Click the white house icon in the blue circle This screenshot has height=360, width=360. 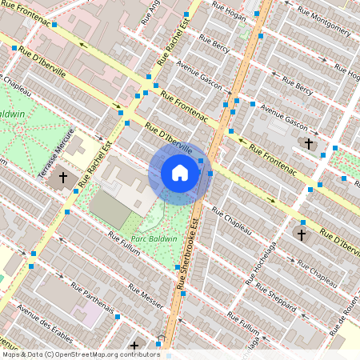tap(180, 173)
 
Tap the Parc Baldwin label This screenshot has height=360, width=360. tap(154, 238)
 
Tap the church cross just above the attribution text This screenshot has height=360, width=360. tap(134, 346)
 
